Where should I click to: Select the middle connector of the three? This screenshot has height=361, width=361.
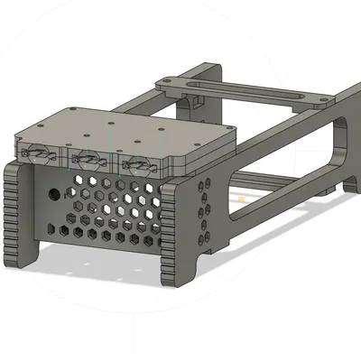tap(88, 160)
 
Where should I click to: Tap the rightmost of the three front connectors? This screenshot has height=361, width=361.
tap(136, 164)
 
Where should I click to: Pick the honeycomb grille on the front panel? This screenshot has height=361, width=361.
tap(108, 208)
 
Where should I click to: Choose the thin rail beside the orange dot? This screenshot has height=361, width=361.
tap(271, 185)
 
